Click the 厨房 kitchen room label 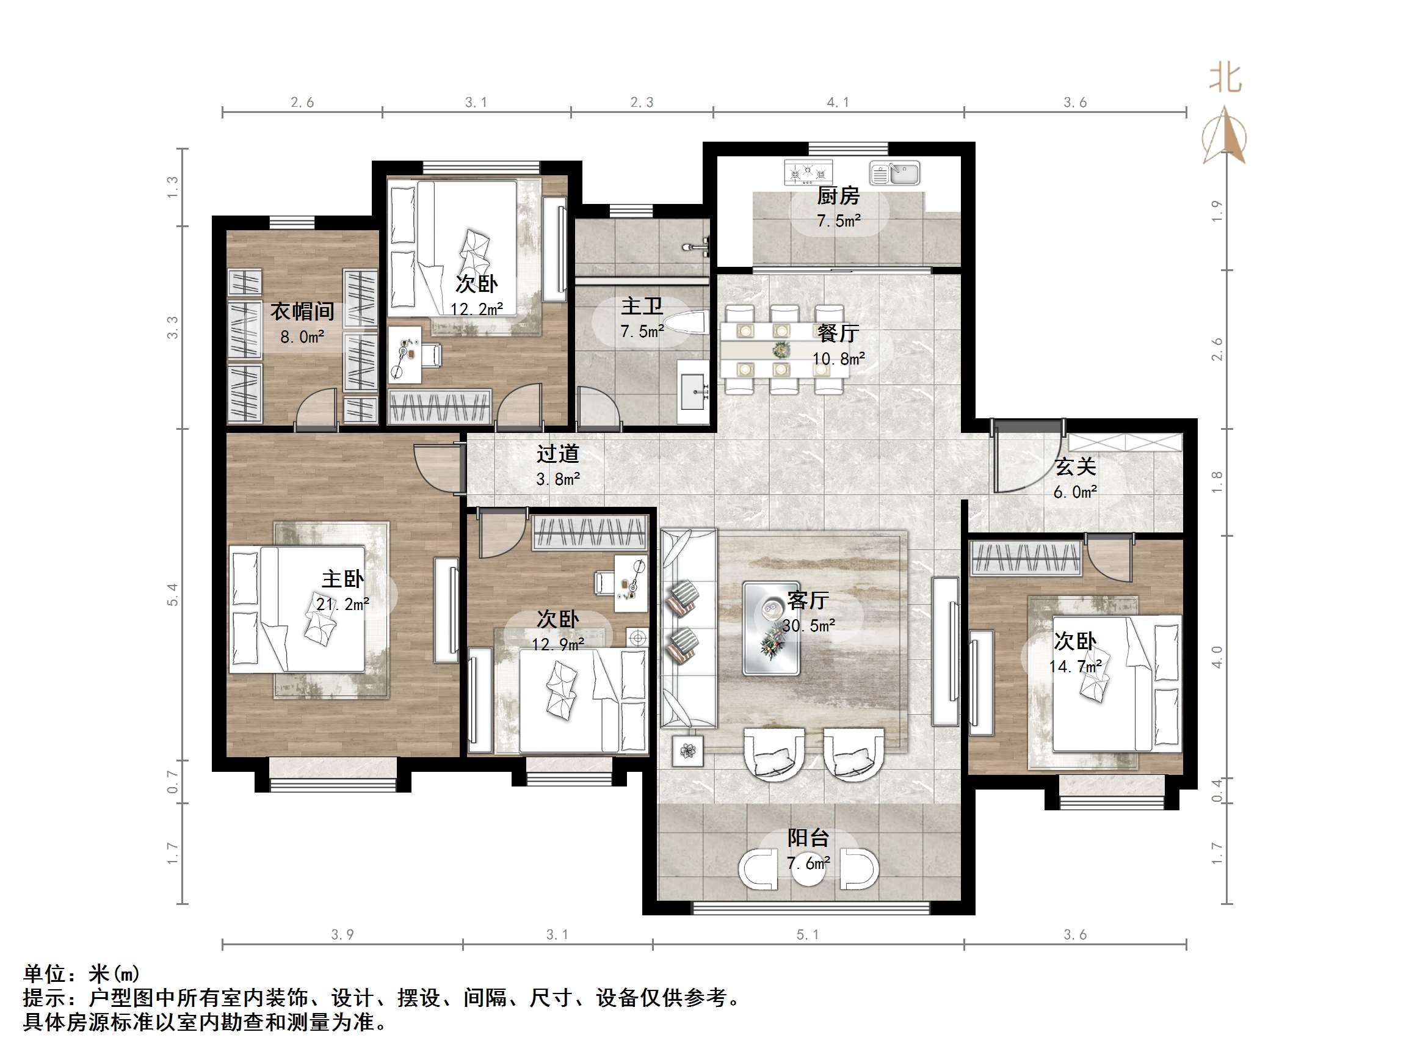click(x=838, y=195)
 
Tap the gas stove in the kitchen click(x=808, y=172)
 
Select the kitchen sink click(x=895, y=173)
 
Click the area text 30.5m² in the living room click(x=808, y=625)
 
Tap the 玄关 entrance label click(x=1075, y=467)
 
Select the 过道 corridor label click(x=557, y=454)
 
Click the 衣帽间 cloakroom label click(x=302, y=311)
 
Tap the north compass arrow click(x=1224, y=136)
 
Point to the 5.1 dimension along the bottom click(x=807, y=935)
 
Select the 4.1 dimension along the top click(x=837, y=102)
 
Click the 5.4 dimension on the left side click(x=173, y=594)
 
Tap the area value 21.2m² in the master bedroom click(x=342, y=603)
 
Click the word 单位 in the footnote click(x=45, y=973)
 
